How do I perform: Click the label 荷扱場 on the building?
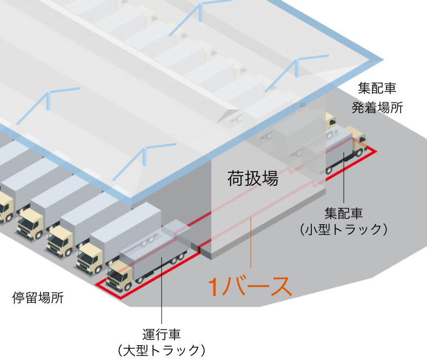coord(253,178)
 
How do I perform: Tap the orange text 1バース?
coord(250,286)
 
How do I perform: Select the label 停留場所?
coord(38,298)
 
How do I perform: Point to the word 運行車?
coord(161,334)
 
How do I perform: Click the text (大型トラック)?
coord(161,350)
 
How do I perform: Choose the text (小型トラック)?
coord(343,229)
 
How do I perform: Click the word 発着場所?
coord(377,107)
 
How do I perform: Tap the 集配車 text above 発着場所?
coord(377,88)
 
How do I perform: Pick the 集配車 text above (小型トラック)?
coord(343,213)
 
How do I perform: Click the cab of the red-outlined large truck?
coord(119,275)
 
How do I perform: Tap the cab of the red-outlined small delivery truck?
coord(359,142)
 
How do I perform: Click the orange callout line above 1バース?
coord(251,243)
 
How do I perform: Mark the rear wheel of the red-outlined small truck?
coord(329,171)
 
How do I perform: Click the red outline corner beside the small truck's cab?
coord(376,151)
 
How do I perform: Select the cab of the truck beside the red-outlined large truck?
coord(90,258)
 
